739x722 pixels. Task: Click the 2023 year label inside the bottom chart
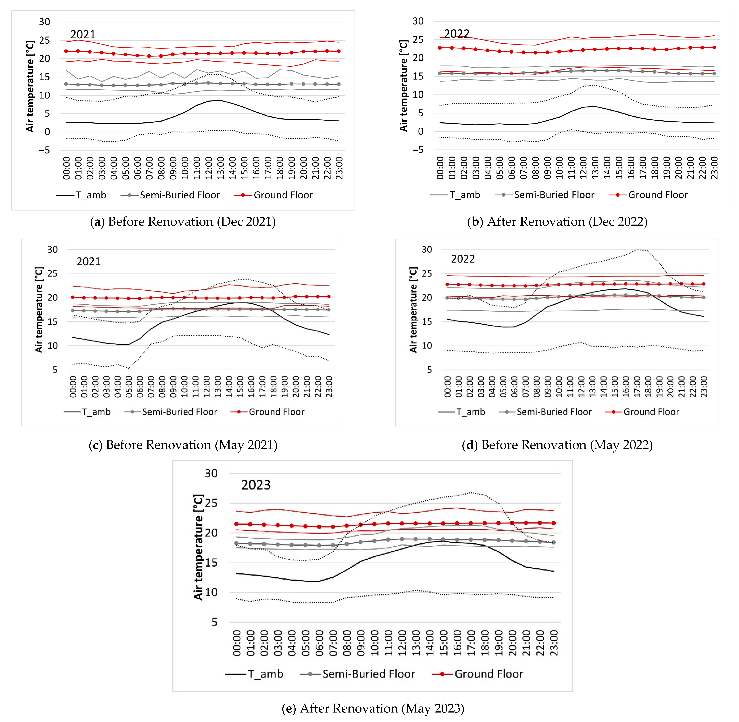[x=256, y=485]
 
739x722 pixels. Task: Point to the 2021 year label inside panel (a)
[x=83, y=34]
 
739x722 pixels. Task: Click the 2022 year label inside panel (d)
[x=463, y=259]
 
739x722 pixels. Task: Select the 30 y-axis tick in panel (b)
[x=418, y=21]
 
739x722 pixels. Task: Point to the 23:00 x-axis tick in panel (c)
[x=329, y=387]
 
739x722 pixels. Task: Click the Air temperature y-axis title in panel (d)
[x=413, y=309]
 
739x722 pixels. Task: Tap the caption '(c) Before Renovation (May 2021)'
[x=183, y=444]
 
